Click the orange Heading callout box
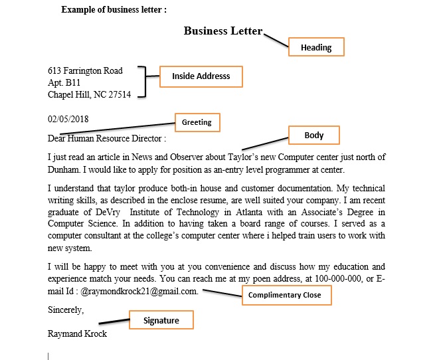315,47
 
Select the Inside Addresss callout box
201,76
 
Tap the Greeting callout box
197,122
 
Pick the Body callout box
313,135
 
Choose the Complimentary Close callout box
284,295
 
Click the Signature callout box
161,320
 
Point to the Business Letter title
223,31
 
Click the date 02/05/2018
68,120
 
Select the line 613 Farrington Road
85,70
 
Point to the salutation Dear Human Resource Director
105,139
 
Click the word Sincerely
66,310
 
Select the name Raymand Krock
77,333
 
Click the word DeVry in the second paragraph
100,213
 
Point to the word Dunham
62,169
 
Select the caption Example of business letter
114,10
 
